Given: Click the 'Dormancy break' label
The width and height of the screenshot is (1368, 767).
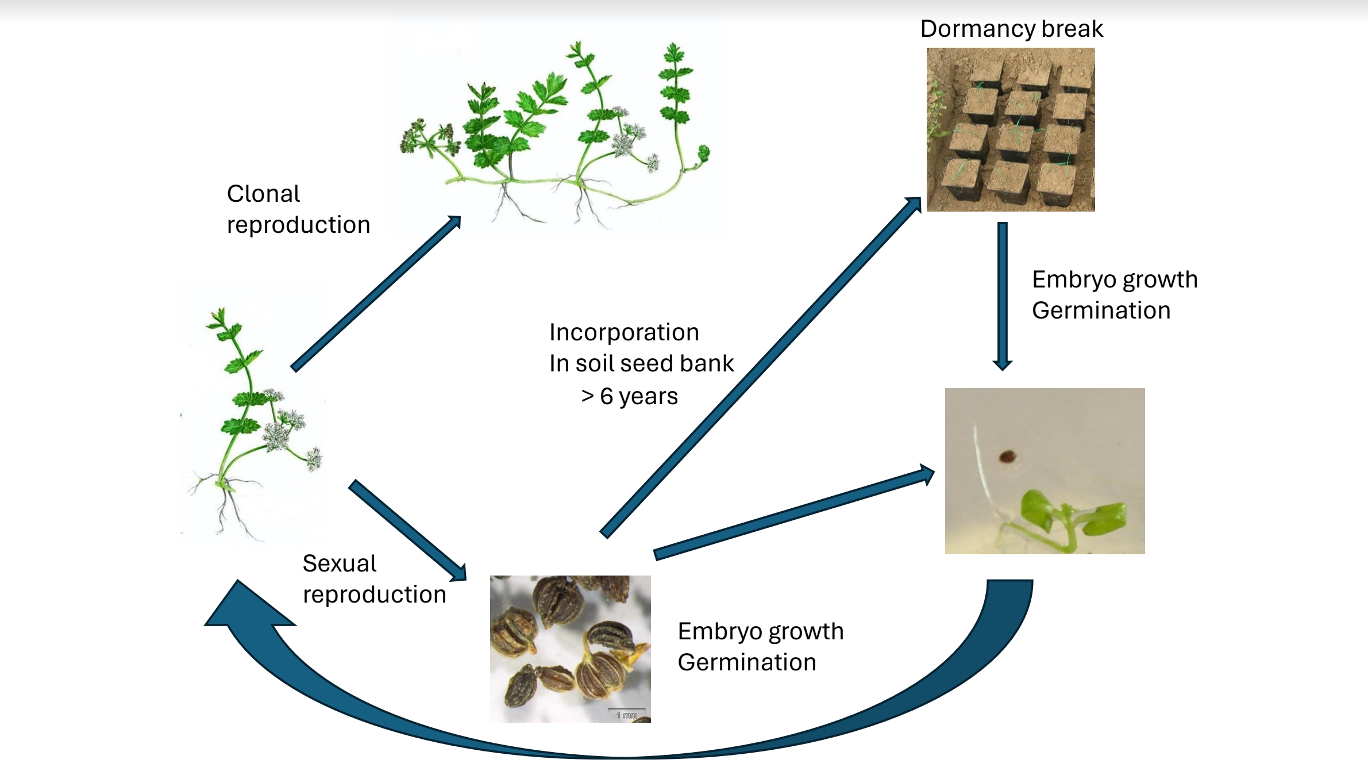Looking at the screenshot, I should pos(1011,29).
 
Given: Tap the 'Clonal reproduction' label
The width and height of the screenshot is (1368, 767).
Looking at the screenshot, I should pos(298,209).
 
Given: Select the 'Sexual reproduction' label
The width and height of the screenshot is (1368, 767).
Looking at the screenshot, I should pos(374,579).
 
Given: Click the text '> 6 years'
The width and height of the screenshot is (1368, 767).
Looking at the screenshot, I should pos(630,396).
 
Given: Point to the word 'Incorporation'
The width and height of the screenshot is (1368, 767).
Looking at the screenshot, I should pos(624,332).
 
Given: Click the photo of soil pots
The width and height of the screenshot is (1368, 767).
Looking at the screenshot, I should pos(1011,129).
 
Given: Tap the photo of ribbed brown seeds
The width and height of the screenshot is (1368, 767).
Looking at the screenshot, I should pos(570,649).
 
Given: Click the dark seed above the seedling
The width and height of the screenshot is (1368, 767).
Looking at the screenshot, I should pos(1007,457).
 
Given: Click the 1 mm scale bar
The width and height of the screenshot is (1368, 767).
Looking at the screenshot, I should pos(627,713).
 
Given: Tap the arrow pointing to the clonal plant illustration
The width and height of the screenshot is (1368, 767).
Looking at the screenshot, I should pos(376,293).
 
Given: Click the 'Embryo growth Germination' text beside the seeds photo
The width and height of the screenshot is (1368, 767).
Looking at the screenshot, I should pos(760,647).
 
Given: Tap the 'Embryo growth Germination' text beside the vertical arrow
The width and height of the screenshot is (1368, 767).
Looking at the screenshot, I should pos(1115,295).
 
